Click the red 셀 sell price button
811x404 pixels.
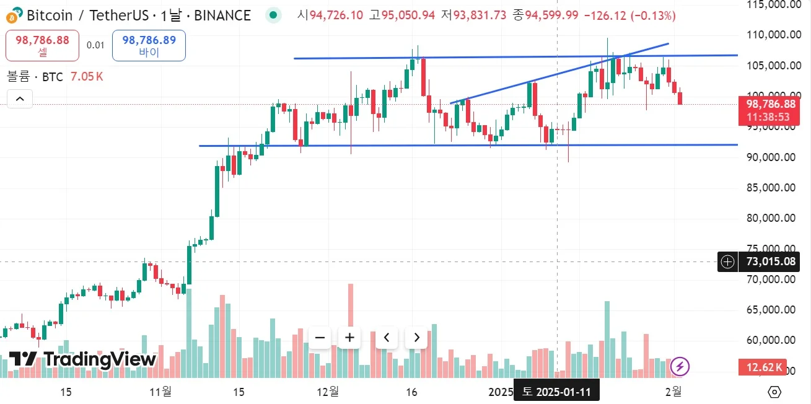[x=42, y=45]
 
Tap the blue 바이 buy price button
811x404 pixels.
[x=149, y=45]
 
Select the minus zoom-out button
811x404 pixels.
[x=320, y=338]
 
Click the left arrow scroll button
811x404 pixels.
[x=387, y=338]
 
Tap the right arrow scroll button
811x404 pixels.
[x=416, y=338]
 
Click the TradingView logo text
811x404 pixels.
[x=82, y=359]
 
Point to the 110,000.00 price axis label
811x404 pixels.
[x=771, y=35]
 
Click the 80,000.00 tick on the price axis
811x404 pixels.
[x=771, y=218]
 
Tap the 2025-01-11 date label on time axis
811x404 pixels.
[x=556, y=392]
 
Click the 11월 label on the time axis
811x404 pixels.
[x=160, y=392]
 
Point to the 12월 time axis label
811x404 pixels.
[x=327, y=392]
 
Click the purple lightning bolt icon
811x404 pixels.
[x=680, y=366]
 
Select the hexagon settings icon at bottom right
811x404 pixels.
[x=774, y=392]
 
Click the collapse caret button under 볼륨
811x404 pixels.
[x=19, y=99]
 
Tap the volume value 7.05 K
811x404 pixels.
[x=87, y=77]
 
